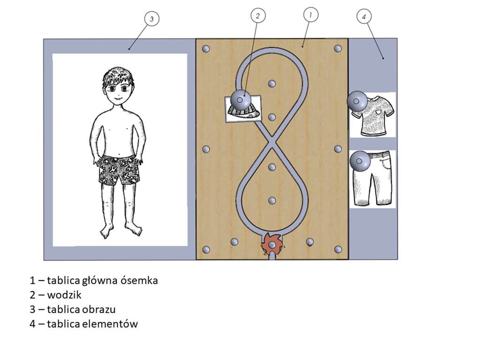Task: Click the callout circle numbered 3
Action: click(x=152, y=19)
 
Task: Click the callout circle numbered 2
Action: click(x=258, y=15)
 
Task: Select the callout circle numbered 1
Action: click(x=311, y=15)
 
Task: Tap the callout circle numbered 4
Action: click(x=364, y=16)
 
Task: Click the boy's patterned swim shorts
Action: click(x=119, y=170)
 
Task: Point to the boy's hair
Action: click(x=118, y=77)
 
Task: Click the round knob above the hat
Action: click(x=240, y=100)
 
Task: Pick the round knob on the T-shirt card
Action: click(x=357, y=101)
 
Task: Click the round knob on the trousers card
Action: click(x=360, y=161)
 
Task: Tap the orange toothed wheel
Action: click(x=272, y=244)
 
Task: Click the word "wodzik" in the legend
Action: click(x=64, y=295)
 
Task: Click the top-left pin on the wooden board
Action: click(x=206, y=49)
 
